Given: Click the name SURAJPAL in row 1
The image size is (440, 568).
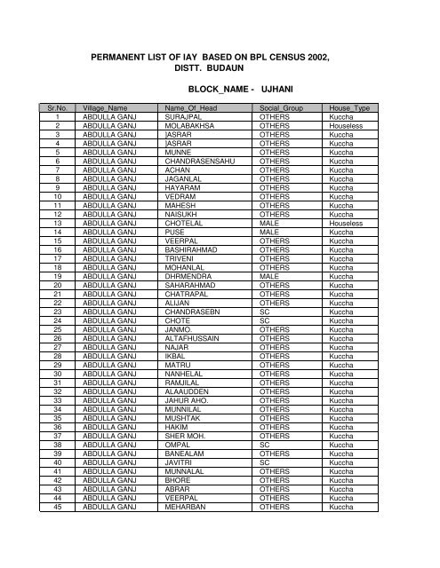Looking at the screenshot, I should [185, 116].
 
